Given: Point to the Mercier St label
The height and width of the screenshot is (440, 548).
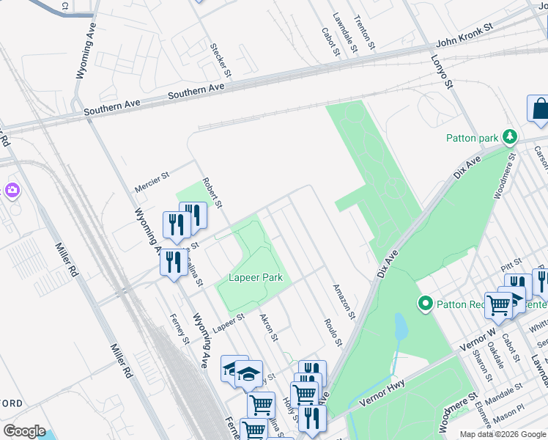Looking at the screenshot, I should pos(152,183).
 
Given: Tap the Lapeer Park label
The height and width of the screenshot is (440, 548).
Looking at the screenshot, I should pos(255,278).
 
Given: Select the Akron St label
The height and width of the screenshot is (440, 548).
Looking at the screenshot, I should pos(269,328).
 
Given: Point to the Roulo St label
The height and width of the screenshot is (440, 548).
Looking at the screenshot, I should pos(333,332).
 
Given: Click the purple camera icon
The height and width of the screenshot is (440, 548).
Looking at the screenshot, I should pos(12,191).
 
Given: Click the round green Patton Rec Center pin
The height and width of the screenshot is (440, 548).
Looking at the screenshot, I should pos(424,303).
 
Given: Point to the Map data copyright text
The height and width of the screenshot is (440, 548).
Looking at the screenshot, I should pos(502,434).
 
